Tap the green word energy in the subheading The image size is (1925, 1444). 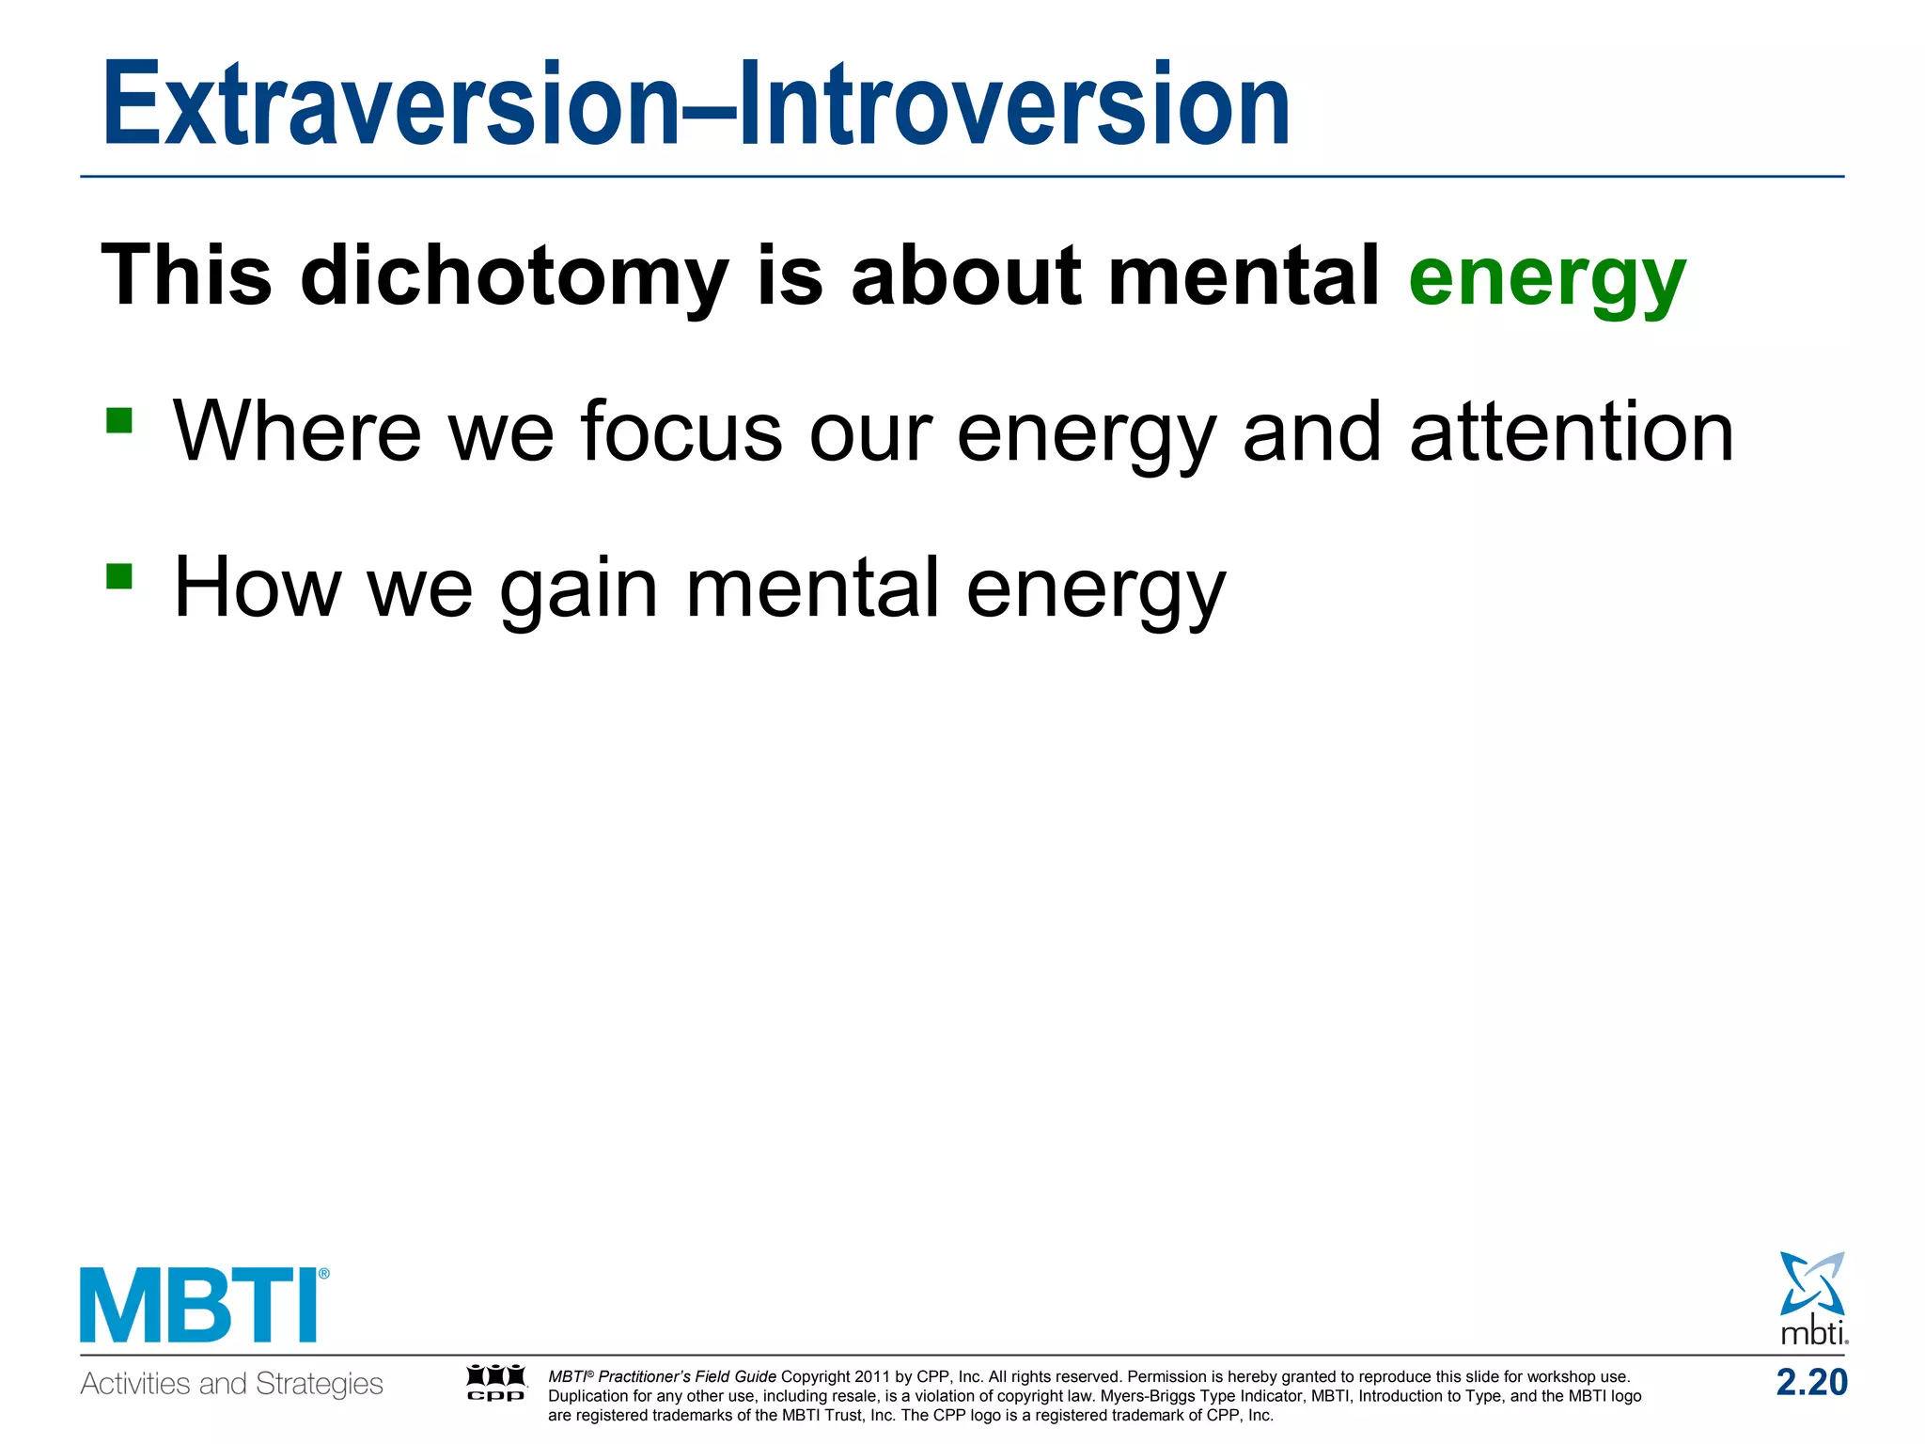(1547, 277)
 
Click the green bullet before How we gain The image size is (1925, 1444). (119, 575)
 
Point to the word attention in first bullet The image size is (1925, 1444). (1572, 432)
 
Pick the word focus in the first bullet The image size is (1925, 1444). (681, 432)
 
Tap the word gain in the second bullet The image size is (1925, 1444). (578, 589)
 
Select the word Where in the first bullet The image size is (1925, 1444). (297, 432)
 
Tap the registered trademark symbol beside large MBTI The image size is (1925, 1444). (324, 1275)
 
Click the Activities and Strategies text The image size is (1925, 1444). (231, 1384)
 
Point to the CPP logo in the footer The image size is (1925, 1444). (496, 1382)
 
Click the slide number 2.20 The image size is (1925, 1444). (1811, 1382)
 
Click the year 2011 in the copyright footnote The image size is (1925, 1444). (871, 1376)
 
